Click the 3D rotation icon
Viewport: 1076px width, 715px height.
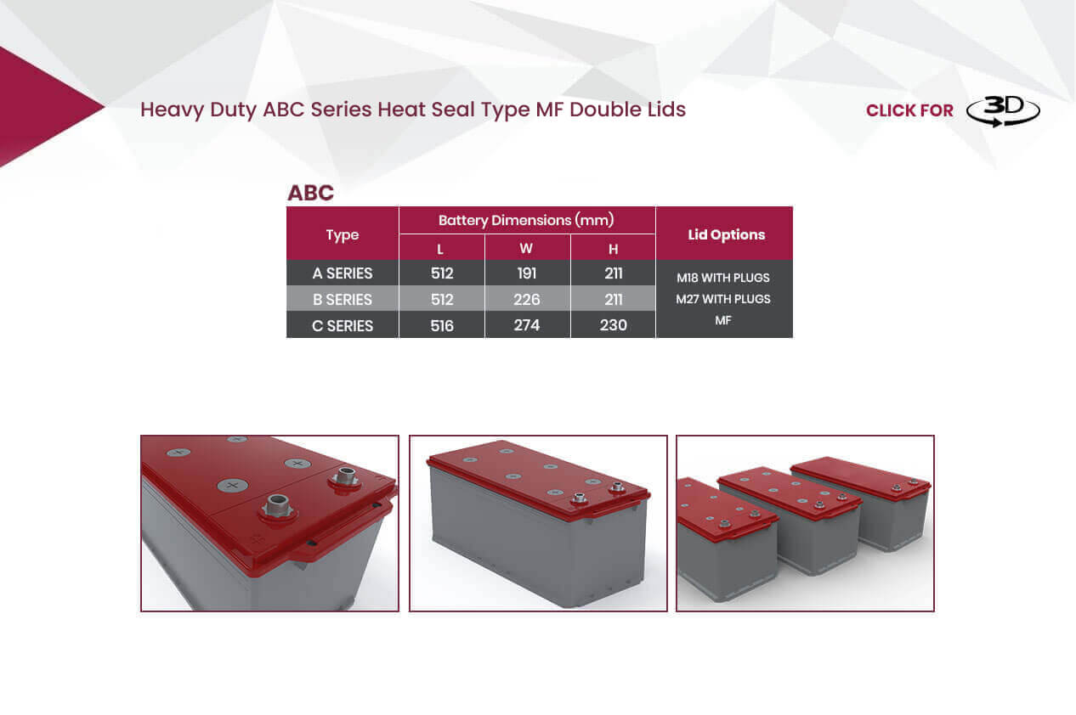pos(1003,111)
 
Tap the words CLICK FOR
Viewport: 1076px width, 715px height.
pos(909,111)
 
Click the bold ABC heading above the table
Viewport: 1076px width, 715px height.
pos(310,193)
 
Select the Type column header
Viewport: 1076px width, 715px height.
pos(342,234)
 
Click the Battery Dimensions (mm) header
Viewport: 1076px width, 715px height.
pos(526,220)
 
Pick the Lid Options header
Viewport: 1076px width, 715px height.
pos(726,234)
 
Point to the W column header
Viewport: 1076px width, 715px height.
pos(526,249)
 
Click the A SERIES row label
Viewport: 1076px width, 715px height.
pos(342,273)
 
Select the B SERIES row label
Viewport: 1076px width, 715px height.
pos(342,300)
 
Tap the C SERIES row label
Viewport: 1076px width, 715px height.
pos(342,326)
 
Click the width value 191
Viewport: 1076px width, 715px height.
pos(526,273)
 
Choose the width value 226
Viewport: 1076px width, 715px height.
pos(526,300)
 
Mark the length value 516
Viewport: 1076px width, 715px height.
pos(441,326)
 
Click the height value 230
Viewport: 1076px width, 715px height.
pos(613,325)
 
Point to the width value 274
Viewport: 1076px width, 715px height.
pos(526,325)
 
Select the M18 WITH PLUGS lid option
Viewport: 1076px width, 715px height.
pos(723,278)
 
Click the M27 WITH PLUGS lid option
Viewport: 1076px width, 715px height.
pos(723,299)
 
